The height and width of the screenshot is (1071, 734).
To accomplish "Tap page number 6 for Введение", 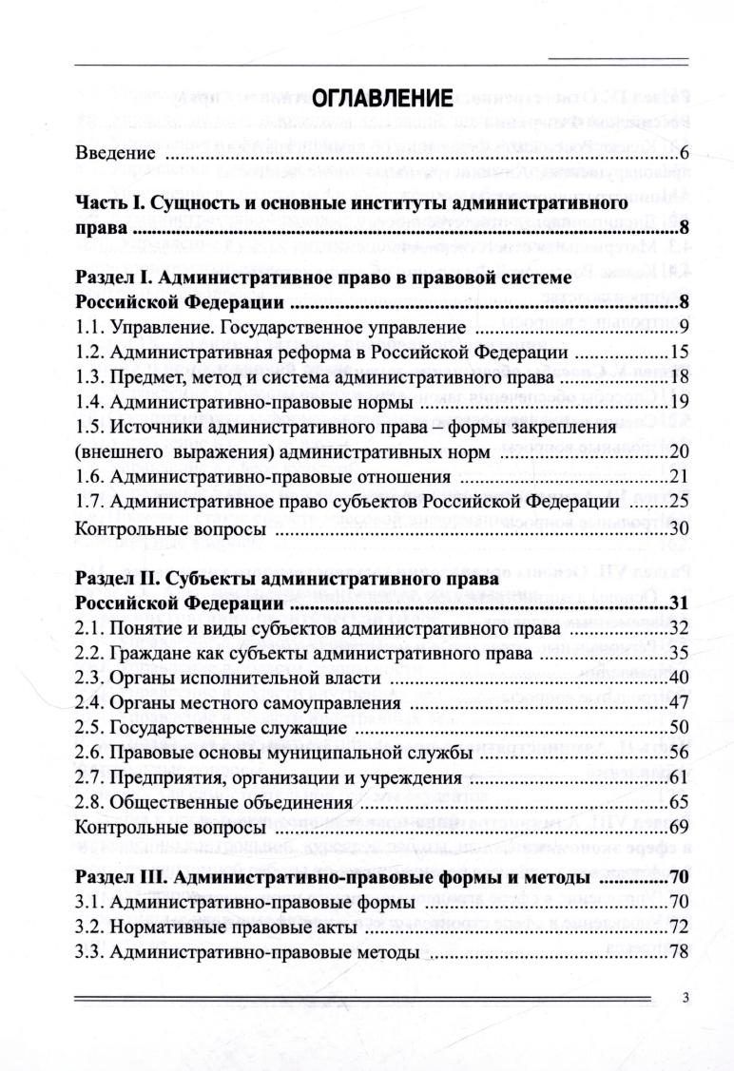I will click(x=683, y=154).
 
